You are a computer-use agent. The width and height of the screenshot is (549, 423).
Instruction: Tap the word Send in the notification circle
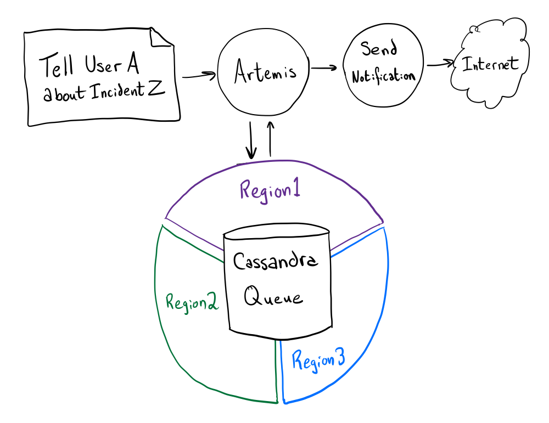point(378,49)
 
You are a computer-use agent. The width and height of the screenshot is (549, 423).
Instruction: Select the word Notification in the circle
point(383,76)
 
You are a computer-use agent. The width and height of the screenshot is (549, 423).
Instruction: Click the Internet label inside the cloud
point(490,64)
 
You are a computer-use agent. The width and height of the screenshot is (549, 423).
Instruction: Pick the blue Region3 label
point(318,360)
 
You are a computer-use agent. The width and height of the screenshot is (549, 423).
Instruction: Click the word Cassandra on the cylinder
point(276,261)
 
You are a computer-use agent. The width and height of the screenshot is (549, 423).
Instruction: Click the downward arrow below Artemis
point(251,141)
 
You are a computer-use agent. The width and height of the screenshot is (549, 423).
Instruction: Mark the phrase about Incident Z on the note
point(104,92)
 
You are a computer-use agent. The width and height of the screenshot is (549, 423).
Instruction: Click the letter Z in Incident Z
point(155,89)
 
